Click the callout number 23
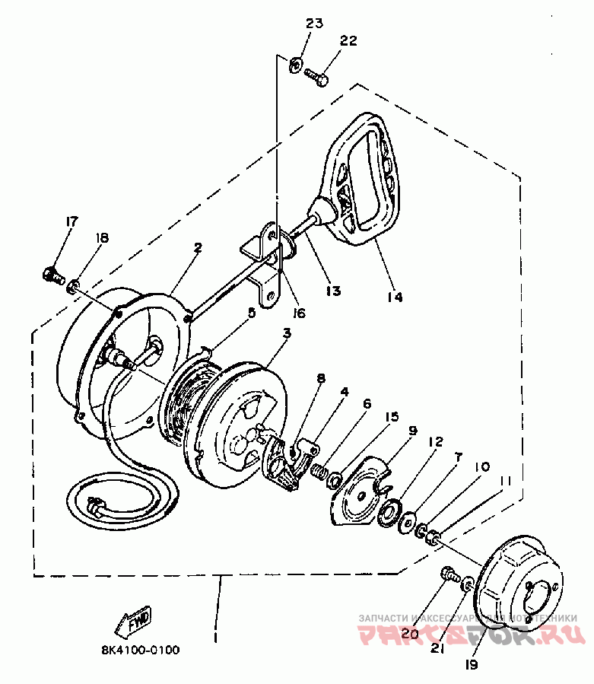point(315,24)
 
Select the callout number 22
point(348,40)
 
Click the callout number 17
point(71,222)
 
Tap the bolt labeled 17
point(52,274)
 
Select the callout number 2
point(198,247)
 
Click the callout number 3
point(286,333)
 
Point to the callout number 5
point(251,312)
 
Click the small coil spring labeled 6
point(322,473)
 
